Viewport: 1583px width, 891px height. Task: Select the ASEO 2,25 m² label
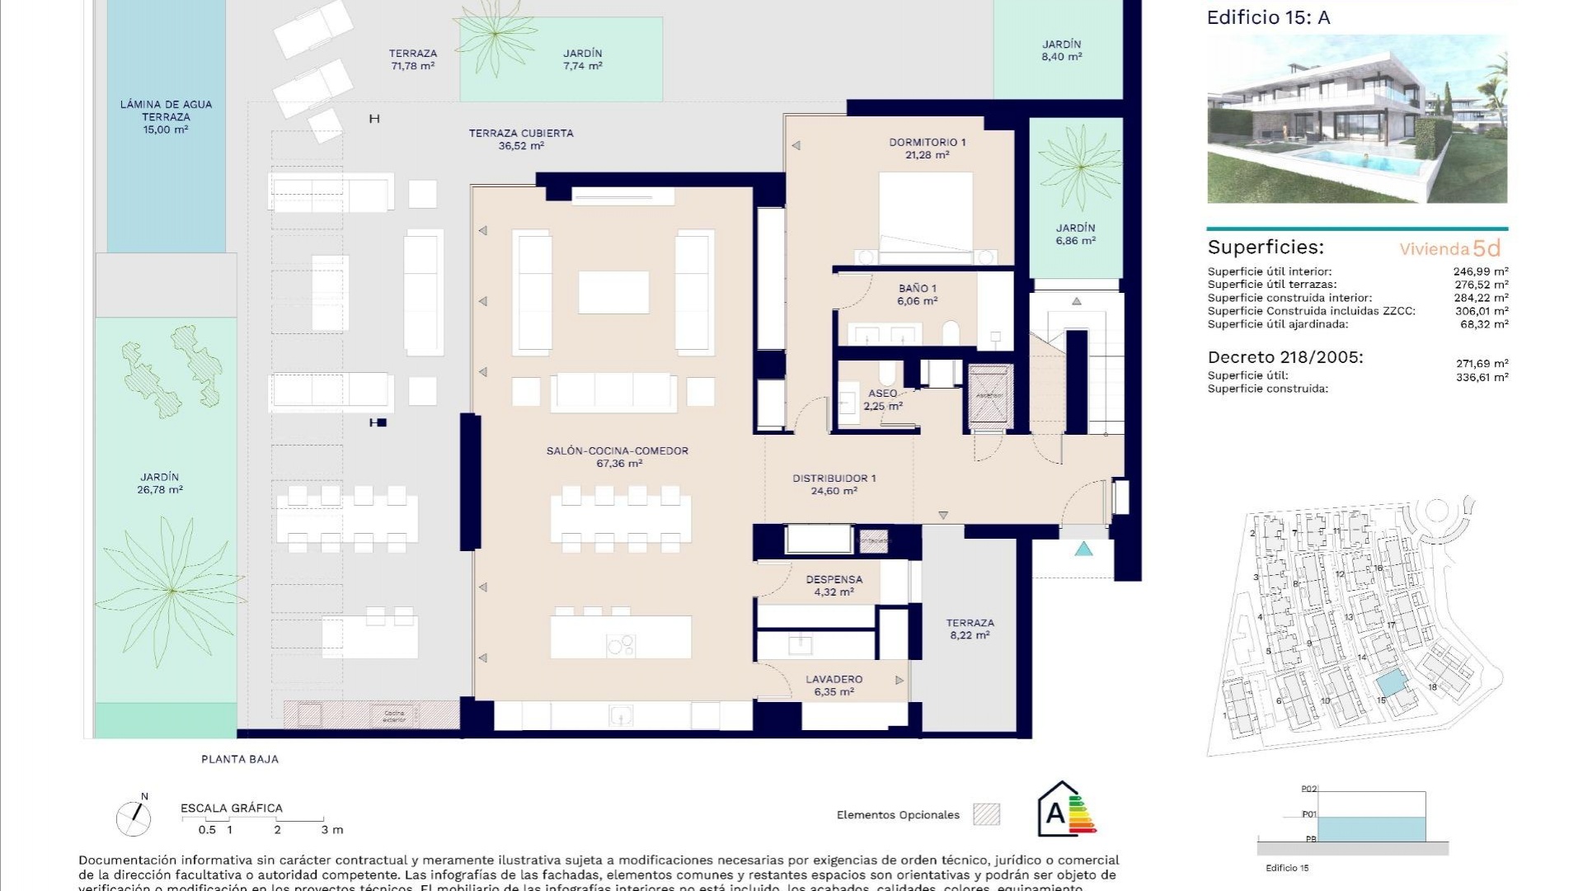pyautogui.click(x=882, y=399)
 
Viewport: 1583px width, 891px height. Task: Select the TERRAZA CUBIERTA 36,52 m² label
pyautogui.click(x=520, y=139)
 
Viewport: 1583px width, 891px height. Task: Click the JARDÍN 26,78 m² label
pyautogui.click(x=159, y=483)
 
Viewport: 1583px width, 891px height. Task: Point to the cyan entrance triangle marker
pyautogui.click(x=1083, y=549)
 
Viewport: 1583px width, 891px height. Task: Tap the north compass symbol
pyautogui.click(x=134, y=817)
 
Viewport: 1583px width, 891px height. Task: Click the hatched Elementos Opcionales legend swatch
pyautogui.click(x=986, y=814)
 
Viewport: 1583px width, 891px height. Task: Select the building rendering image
pyautogui.click(x=1356, y=119)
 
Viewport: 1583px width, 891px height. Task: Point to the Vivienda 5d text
pyautogui.click(x=1449, y=248)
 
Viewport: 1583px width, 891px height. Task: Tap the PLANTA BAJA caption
pyautogui.click(x=240, y=759)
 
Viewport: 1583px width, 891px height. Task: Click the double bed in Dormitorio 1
pyautogui.click(x=925, y=216)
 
